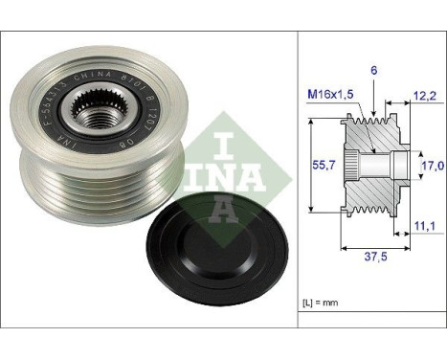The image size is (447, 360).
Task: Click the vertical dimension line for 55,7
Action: (x=313, y=166)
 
